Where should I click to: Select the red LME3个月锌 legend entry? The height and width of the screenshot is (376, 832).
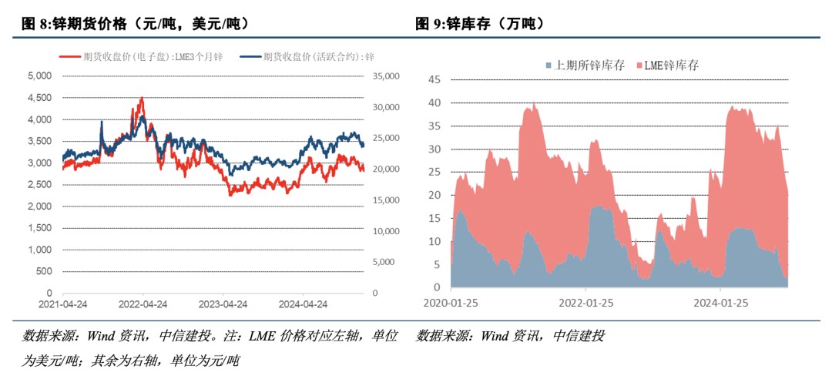tap(142, 56)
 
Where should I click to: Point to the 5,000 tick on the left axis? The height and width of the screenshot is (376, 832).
tap(39, 76)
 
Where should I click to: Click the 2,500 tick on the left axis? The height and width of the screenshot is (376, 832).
tap(39, 185)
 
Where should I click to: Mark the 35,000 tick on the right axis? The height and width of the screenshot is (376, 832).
tap(384, 76)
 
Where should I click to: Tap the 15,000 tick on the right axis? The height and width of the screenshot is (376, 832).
tap(384, 200)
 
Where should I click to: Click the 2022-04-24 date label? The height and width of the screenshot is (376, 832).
tap(143, 304)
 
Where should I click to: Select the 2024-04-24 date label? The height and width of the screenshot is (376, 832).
tap(304, 304)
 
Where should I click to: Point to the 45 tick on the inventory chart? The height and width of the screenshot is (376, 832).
tap(433, 79)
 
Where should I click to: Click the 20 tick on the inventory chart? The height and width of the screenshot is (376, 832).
tap(433, 195)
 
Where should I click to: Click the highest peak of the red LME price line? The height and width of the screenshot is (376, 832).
tap(142, 98)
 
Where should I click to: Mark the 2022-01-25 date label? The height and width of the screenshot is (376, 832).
tap(587, 303)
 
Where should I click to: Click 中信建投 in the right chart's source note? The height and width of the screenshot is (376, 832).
tap(579, 336)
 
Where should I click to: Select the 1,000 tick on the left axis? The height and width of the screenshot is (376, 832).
tap(39, 250)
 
